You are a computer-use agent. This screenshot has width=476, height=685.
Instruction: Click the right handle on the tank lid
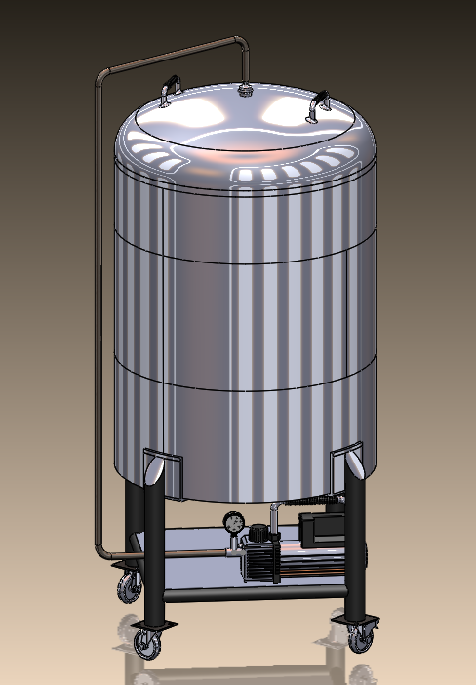pos(318,103)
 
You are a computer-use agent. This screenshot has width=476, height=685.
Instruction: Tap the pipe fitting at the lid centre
pos(245,91)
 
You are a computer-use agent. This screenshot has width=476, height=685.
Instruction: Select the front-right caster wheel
pos(360,635)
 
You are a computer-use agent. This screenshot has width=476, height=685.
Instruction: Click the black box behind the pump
pos(317,531)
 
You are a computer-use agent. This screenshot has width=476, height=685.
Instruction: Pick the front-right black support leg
pos(355,546)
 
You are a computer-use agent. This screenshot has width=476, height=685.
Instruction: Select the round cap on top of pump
pos(258,532)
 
